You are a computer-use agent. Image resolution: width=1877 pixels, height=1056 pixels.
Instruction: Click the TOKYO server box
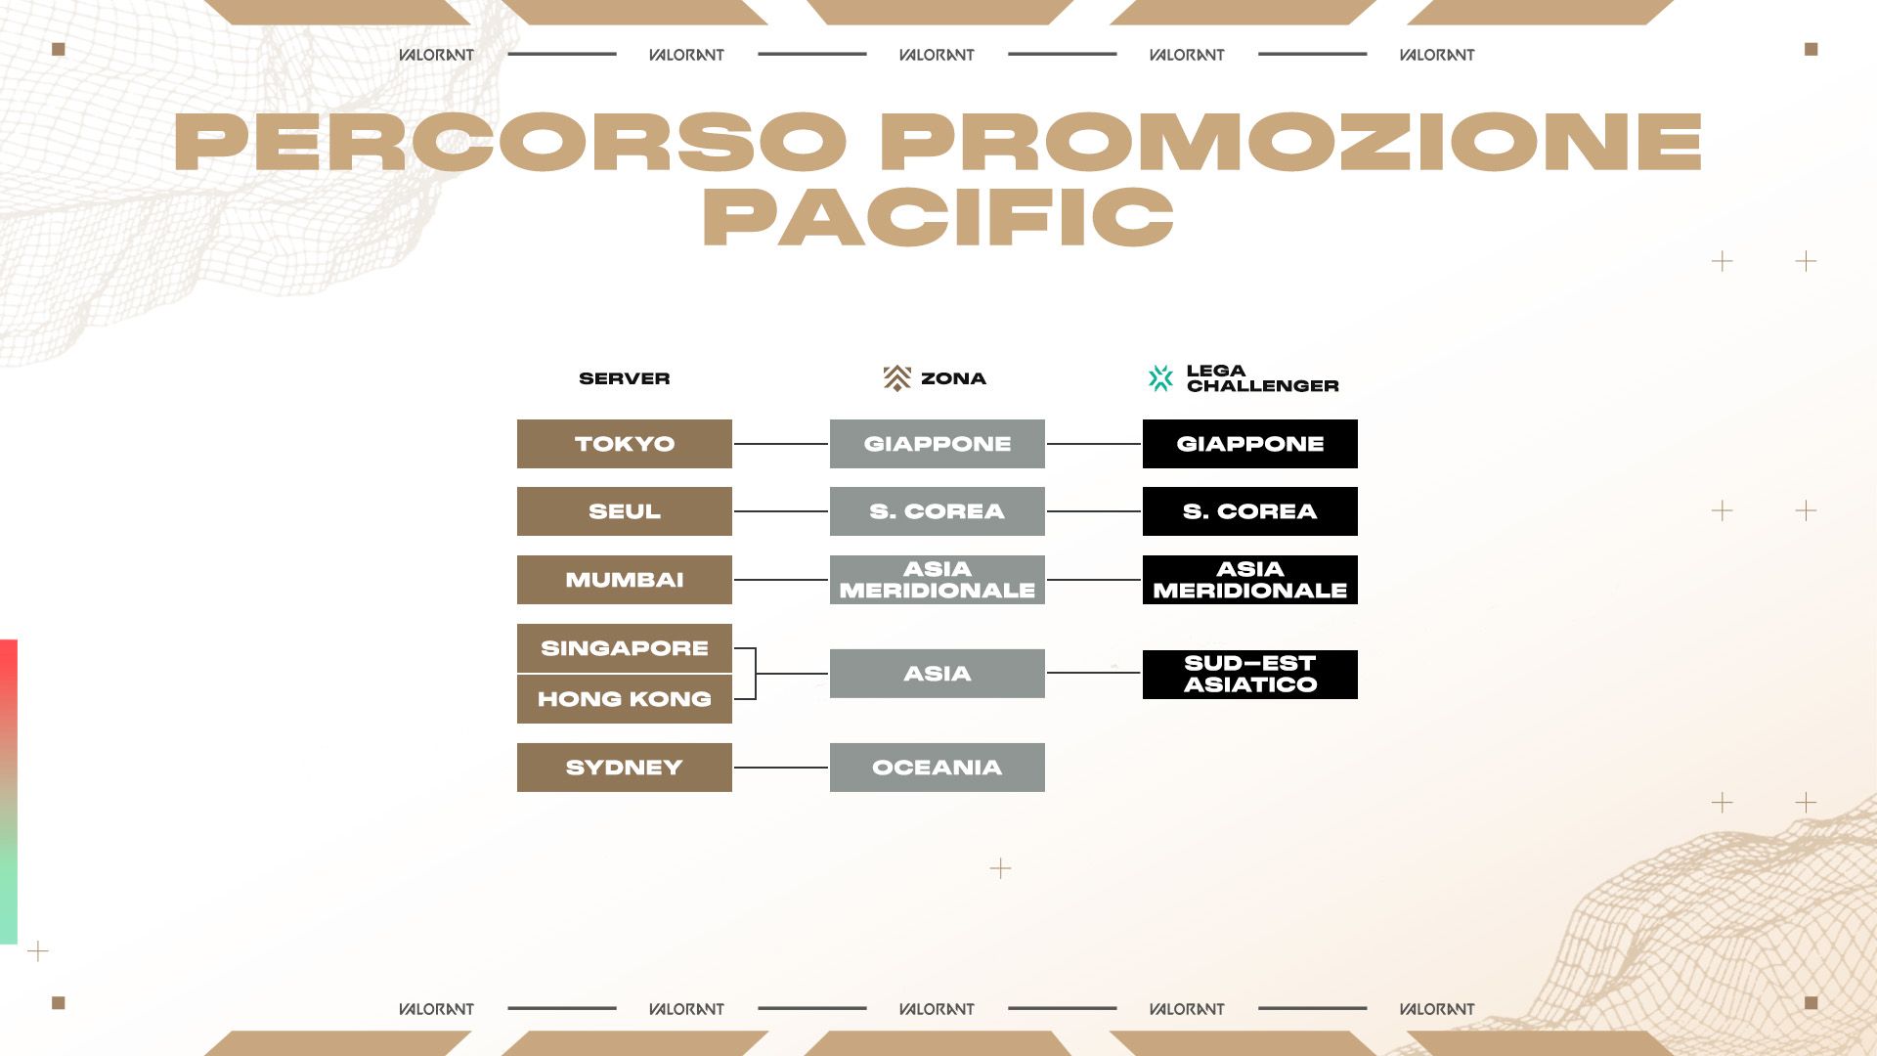[624, 444]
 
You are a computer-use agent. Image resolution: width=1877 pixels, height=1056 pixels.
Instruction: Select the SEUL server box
[624, 511]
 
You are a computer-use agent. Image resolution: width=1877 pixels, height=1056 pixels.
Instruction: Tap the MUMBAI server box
[624, 580]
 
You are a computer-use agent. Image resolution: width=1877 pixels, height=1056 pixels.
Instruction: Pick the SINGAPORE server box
[624, 648]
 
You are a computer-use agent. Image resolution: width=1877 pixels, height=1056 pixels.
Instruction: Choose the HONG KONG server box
[624, 699]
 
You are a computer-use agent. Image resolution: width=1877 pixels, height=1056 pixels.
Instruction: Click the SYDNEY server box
[624, 768]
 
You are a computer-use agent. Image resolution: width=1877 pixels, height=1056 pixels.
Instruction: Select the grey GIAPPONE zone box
[937, 444]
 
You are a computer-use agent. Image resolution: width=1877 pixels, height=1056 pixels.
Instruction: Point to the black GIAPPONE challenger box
[1249, 444]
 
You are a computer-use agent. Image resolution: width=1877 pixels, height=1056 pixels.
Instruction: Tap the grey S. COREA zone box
[937, 511]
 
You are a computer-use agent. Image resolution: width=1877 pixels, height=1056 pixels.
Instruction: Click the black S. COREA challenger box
[1249, 511]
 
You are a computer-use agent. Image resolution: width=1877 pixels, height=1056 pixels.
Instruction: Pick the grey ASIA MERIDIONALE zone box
[937, 580]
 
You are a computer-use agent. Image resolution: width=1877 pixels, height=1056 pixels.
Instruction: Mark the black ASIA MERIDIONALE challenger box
[1249, 580]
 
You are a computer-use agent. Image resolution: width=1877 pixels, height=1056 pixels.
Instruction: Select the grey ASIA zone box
[937, 674]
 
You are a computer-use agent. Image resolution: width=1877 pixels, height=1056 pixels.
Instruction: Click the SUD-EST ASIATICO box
[1249, 675]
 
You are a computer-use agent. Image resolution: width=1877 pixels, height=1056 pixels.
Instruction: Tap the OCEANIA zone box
[937, 768]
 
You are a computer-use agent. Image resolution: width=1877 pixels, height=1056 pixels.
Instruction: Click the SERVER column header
[624, 378]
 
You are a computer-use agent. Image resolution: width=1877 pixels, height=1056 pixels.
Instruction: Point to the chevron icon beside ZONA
[896, 378]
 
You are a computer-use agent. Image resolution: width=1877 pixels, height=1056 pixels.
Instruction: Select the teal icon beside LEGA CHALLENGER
[1160, 378]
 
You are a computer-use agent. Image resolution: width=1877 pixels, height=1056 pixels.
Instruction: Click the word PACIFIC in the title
[938, 216]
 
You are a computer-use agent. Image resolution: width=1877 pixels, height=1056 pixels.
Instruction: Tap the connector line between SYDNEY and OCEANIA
[781, 768]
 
